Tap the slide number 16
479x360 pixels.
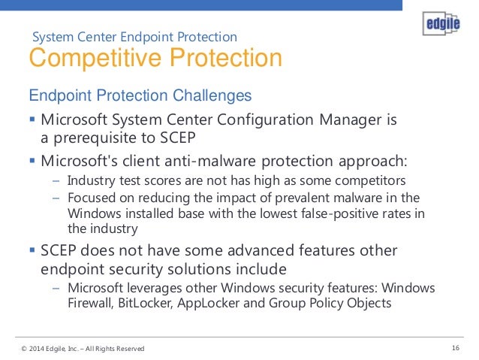pyautogui.click(x=456, y=348)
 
